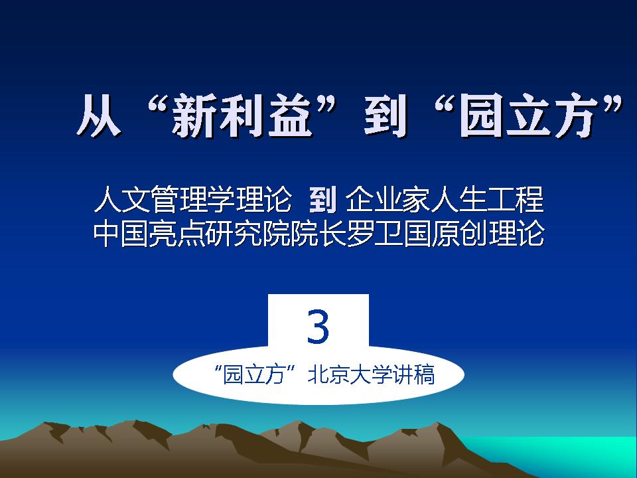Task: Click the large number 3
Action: [x=318, y=327]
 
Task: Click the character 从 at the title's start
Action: [x=99, y=116]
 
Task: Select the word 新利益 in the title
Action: [x=242, y=116]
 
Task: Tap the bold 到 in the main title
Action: [x=385, y=116]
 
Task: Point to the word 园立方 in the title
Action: [x=529, y=116]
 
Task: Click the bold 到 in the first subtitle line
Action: [x=322, y=200]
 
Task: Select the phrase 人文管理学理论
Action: [x=192, y=200]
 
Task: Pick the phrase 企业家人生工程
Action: [x=445, y=200]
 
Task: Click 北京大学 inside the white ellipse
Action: [x=350, y=374]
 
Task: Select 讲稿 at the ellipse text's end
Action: [x=413, y=374]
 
